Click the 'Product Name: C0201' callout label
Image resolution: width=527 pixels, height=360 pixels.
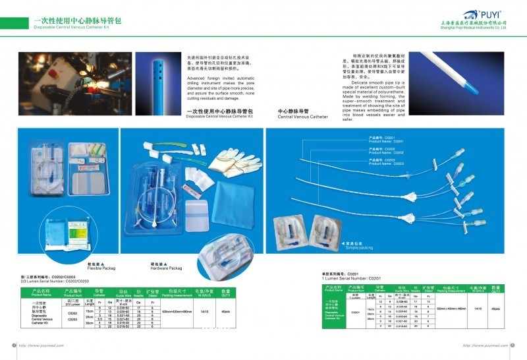381,140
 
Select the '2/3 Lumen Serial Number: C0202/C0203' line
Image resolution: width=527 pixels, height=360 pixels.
55,282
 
